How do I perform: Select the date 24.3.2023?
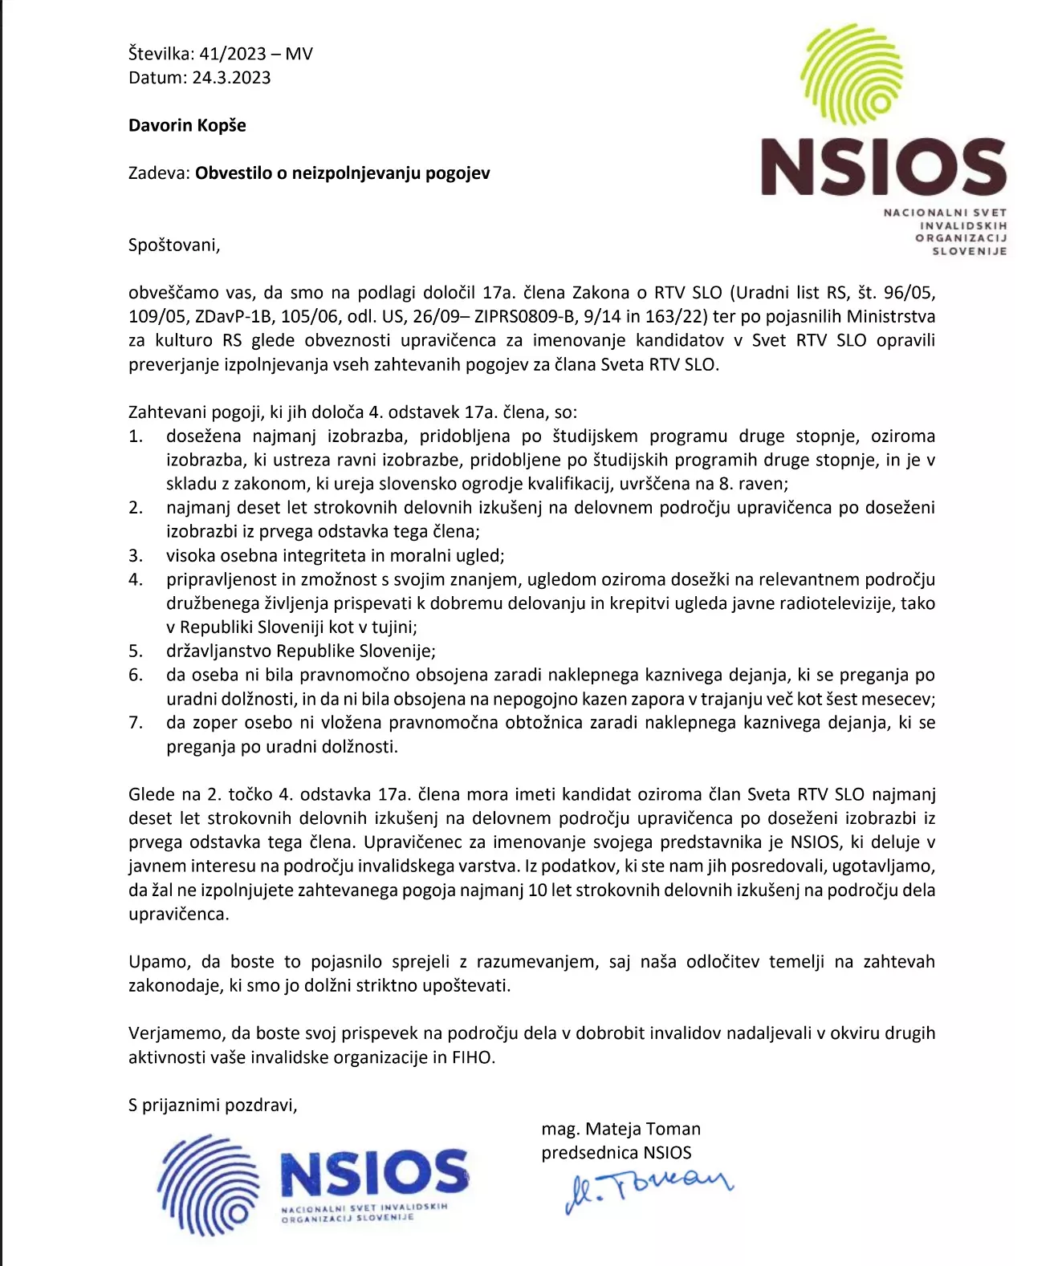coord(231,78)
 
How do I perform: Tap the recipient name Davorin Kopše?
coord(187,125)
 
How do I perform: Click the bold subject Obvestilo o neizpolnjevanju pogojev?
coord(342,173)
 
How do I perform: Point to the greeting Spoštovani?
coord(173,245)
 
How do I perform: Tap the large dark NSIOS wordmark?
coord(883,168)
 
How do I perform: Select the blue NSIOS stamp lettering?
coord(374,1173)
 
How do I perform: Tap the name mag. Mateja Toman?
coord(621,1129)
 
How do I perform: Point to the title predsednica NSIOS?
coord(616,1153)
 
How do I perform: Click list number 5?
coord(136,651)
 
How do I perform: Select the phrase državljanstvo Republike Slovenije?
coord(301,651)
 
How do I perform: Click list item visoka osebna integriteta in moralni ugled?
coord(335,556)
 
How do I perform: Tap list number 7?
coord(136,723)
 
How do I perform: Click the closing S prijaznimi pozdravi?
coord(213,1105)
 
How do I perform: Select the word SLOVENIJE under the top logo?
coord(969,251)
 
